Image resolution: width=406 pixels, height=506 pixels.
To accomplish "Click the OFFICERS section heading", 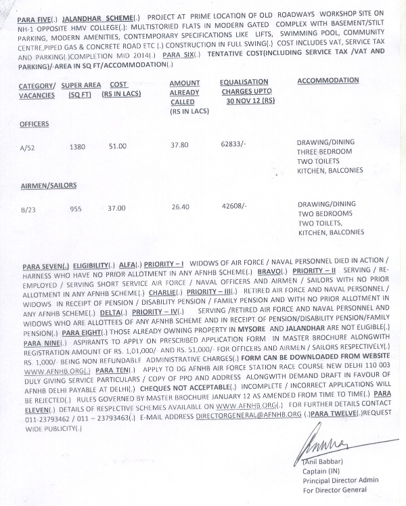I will (35, 125).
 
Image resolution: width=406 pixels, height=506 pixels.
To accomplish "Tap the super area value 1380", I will (78, 146).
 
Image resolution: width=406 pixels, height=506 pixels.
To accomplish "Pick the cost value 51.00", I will (117, 146).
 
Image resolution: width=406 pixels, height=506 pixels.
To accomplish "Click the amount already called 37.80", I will (179, 145).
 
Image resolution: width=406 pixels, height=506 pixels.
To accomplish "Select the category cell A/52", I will (29, 147).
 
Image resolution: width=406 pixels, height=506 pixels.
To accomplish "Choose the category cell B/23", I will (28, 210).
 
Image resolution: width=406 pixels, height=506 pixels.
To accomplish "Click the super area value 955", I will (76, 209).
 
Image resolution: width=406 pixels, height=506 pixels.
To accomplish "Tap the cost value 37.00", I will (117, 209).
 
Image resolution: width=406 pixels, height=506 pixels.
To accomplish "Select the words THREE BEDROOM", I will (325, 152).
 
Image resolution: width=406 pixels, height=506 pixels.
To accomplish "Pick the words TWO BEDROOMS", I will (327, 213).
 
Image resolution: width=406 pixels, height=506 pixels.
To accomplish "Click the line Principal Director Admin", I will (340, 480).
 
